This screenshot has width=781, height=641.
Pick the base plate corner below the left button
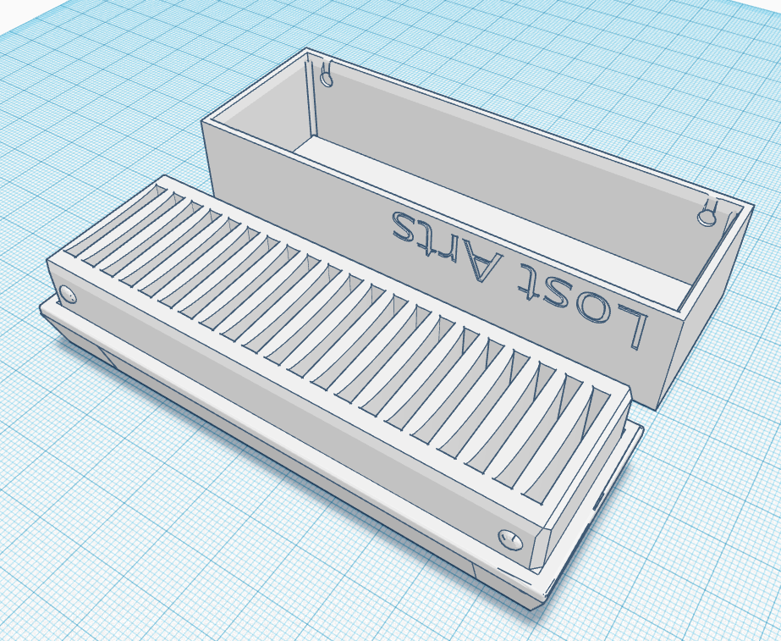47,308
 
